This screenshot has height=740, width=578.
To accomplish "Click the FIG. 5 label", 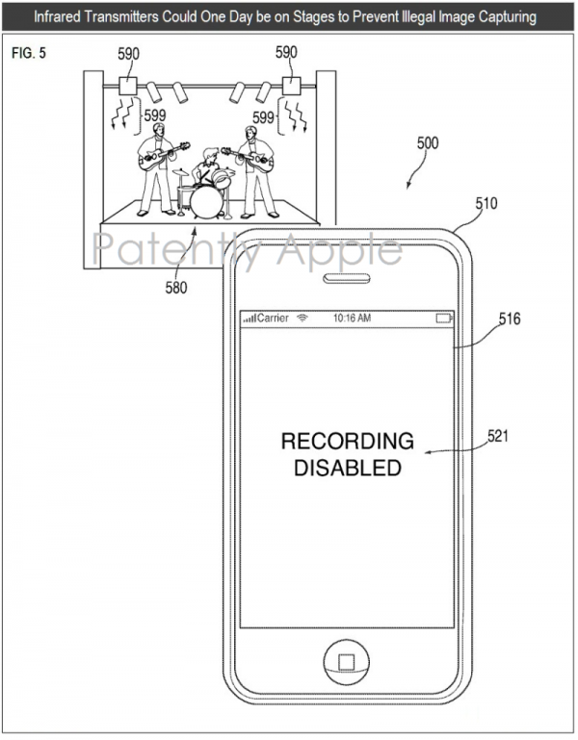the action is tap(29, 53).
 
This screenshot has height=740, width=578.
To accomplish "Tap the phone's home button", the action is tap(347, 662).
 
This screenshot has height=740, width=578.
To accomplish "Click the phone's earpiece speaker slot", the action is tap(347, 278).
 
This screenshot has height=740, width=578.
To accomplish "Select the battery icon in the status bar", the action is tap(444, 319).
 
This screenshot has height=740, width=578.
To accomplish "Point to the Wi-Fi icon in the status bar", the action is tap(302, 319).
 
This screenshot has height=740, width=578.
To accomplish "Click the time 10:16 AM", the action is tap(352, 319).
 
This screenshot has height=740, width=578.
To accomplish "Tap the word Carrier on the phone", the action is tap(273, 319).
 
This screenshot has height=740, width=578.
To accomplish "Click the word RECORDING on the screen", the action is tap(348, 442).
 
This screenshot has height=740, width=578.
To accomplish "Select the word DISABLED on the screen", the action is tap(348, 468).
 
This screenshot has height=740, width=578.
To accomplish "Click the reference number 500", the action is tap(428, 143).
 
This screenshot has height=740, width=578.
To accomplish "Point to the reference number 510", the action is tap(486, 203).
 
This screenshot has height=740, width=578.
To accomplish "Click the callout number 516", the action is tap(510, 319).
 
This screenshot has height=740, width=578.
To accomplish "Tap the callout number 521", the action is tap(498, 436).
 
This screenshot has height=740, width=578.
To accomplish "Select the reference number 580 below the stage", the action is tap(176, 288).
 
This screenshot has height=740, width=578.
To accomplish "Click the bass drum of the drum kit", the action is tap(206, 202).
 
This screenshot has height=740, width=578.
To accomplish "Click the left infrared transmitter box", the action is tap(127, 87).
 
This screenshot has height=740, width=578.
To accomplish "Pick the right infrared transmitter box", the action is tap(291, 87).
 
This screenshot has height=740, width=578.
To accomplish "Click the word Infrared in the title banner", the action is tap(57, 17).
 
